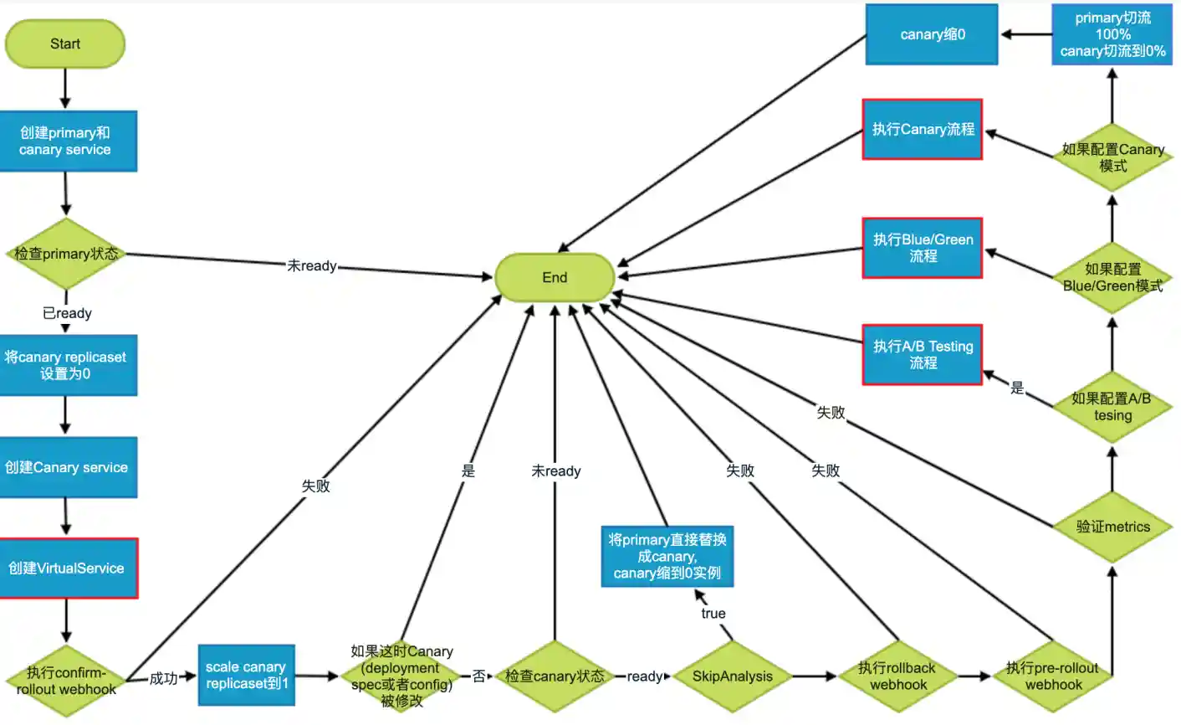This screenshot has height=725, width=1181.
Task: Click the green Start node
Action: click(65, 44)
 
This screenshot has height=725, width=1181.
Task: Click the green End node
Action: click(555, 278)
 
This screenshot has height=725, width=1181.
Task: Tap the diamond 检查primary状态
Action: click(66, 254)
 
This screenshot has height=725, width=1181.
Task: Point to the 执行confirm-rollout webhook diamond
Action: click(66, 681)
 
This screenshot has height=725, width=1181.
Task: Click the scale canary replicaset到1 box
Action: click(247, 676)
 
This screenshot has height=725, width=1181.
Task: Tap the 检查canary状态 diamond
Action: click(555, 676)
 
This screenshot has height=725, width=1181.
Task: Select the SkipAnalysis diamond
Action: click(733, 676)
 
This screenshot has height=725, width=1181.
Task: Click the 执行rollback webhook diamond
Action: click(897, 676)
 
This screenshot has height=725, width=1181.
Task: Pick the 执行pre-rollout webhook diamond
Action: click(1052, 676)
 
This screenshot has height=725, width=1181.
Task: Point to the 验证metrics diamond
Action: click(1112, 527)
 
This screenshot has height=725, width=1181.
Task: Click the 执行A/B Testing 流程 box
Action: click(923, 355)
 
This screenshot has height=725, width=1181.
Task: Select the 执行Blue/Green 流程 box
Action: click(923, 248)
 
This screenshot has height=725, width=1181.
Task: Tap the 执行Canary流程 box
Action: click(923, 130)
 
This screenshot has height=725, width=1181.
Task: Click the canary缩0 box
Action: click(932, 35)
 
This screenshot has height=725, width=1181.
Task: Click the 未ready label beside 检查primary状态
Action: click(312, 266)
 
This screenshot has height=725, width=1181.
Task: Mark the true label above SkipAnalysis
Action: click(713, 614)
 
